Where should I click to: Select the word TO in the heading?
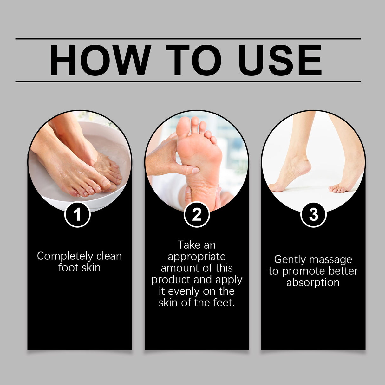193,60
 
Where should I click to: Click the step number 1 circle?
77,215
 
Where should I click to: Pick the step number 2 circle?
197,215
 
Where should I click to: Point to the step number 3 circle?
313,215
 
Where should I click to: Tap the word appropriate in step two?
197,257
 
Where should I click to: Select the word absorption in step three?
313,283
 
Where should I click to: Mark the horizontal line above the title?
188,39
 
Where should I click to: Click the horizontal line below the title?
188,82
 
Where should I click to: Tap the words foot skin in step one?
79,268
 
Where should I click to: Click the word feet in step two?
224,303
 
